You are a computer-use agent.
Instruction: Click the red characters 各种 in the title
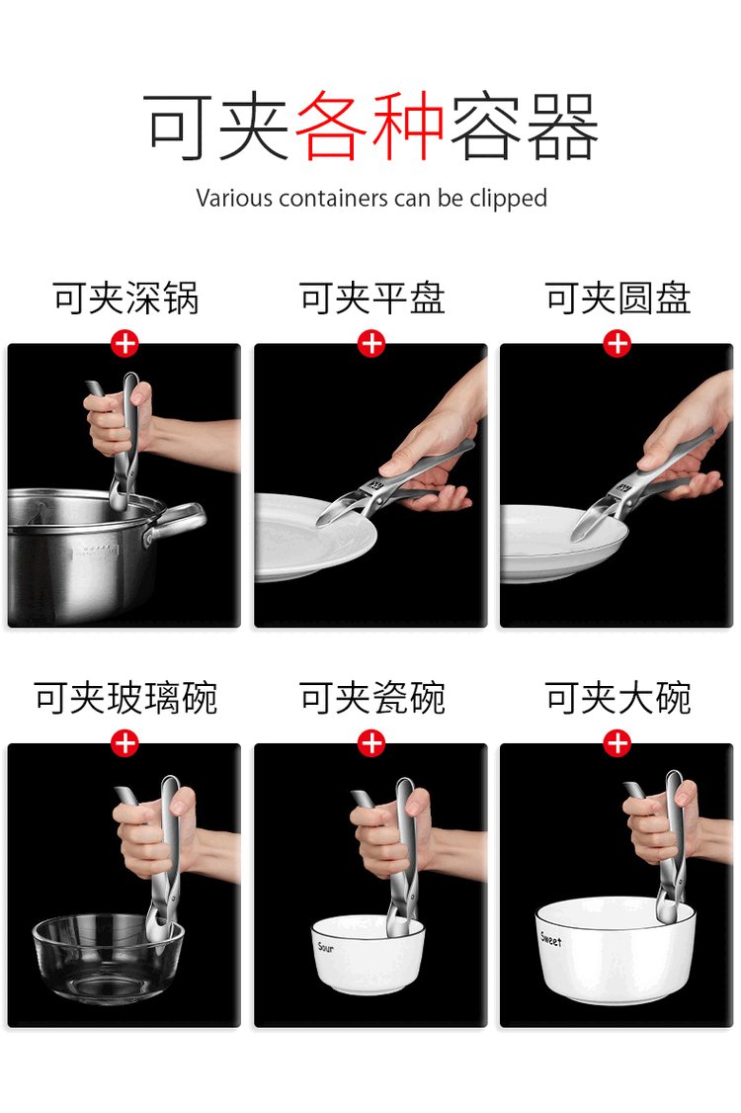pos(370,127)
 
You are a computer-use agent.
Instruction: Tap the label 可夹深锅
pos(124,299)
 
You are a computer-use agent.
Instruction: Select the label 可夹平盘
pos(371,299)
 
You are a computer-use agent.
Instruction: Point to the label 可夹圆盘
pos(617,299)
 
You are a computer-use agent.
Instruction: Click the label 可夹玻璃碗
pos(124,699)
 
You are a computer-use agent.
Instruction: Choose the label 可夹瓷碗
pos(371,699)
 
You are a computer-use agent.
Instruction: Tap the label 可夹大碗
pos(617,699)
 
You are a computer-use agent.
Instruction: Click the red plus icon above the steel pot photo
pos(124,344)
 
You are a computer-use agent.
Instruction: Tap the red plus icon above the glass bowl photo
pos(124,744)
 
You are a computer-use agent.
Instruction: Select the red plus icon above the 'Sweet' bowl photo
pos(617,744)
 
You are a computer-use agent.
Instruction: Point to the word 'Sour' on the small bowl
pos(326,947)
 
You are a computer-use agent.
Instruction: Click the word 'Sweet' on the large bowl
pos(550,940)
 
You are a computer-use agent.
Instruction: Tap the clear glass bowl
pos(108,958)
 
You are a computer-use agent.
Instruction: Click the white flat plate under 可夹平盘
pos(314,537)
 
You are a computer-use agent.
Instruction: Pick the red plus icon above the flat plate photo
pos(371,344)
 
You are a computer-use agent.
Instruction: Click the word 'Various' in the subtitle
pos(234,198)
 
